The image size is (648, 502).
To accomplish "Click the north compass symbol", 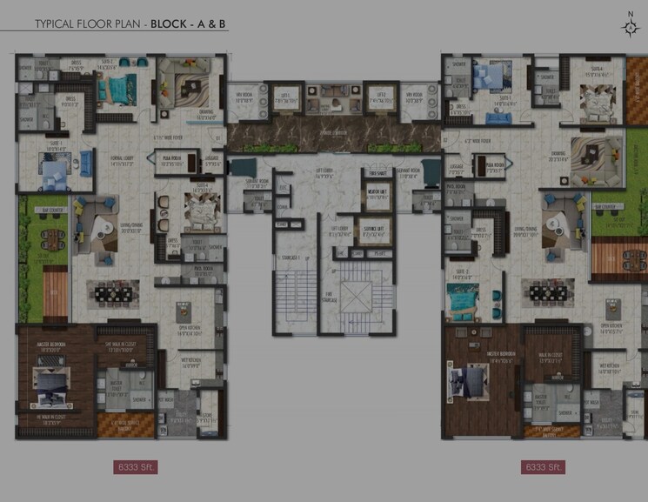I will click(630, 26).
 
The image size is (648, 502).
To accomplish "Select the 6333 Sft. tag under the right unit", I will click(544, 467).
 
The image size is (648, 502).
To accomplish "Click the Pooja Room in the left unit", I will click(169, 160).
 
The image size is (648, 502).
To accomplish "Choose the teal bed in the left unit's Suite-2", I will click(112, 88).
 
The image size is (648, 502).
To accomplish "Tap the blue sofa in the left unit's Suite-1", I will click(86, 162).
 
